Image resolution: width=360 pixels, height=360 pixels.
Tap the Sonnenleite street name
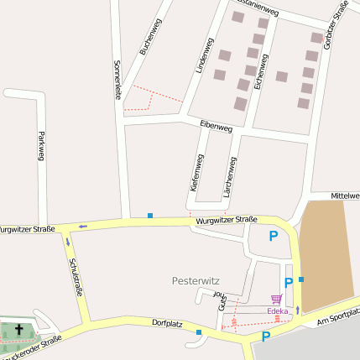[x=117, y=80]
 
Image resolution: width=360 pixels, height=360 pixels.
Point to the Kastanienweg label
[x=278, y=8]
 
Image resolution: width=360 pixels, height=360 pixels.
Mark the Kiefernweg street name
[x=196, y=175]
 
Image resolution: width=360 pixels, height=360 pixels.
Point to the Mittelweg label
[x=345, y=196]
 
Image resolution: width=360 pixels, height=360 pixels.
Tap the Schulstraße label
[x=75, y=277]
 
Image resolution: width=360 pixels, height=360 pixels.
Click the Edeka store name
[x=277, y=311]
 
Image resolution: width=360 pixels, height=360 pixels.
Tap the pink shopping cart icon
[x=276, y=299]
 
